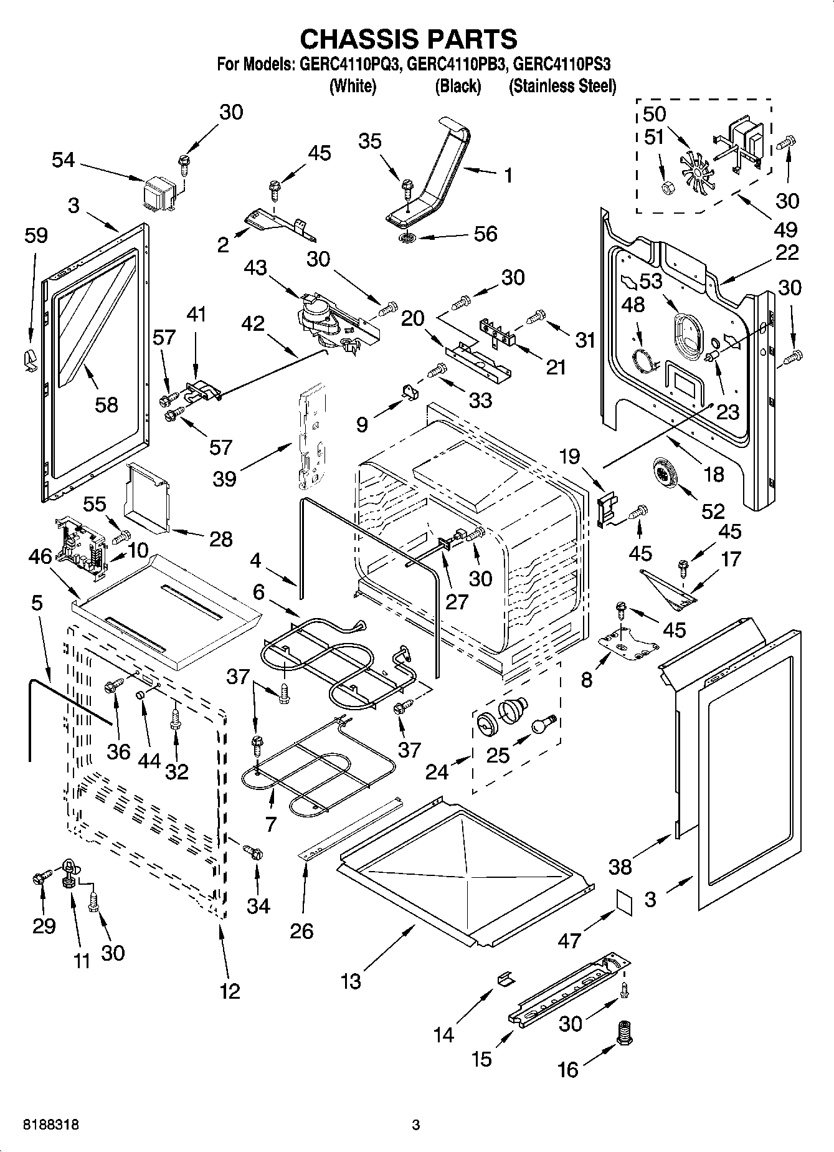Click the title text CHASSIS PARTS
tap(409, 39)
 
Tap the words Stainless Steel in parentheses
tap(563, 86)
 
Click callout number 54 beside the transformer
tap(63, 160)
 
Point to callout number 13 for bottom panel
tap(351, 981)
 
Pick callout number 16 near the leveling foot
tap(568, 1070)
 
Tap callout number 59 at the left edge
tap(36, 235)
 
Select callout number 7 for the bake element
tap(270, 824)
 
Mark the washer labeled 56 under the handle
tap(409, 238)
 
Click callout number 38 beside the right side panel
tap(620, 866)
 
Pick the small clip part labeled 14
tap(506, 979)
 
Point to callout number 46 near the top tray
tap(40, 556)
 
